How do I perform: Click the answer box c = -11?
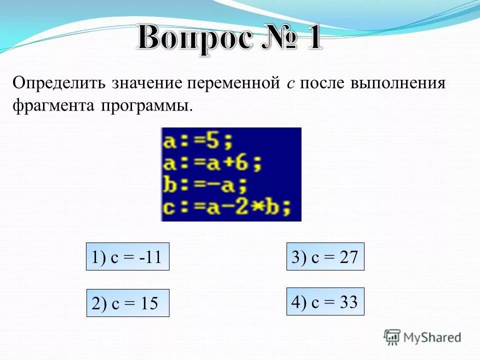127,257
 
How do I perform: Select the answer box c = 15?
127,303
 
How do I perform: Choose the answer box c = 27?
325,257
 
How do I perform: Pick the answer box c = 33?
325,301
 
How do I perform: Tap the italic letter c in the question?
290,84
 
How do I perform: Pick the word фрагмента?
54,106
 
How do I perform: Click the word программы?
146,106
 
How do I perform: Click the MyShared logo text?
432,337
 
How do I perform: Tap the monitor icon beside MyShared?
392,337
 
